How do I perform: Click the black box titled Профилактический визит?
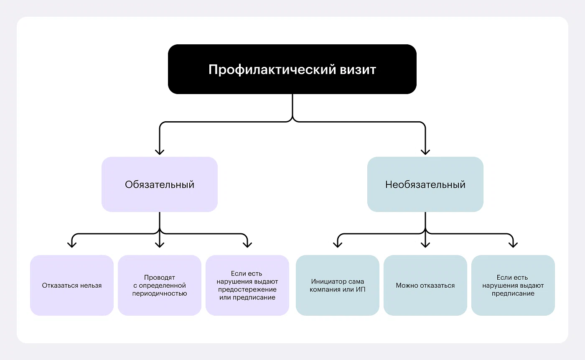[292, 69]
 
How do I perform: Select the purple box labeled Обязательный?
[160, 184]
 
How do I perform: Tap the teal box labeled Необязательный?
[425, 184]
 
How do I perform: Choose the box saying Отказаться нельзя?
[72, 286]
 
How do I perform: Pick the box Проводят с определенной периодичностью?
[160, 286]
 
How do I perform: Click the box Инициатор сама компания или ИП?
[338, 286]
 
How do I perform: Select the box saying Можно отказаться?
[425, 286]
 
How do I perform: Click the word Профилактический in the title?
[272, 69]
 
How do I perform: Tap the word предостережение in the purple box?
[247, 289]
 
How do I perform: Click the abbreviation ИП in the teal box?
[360, 289]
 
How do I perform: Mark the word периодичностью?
[160, 294]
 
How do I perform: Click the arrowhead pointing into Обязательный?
[160, 151]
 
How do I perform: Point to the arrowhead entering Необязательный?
[425, 151]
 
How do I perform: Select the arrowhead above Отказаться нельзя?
[72, 244]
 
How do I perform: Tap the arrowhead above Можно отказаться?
[425, 244]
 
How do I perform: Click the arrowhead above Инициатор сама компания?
[338, 244]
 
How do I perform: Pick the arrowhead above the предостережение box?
[247, 244]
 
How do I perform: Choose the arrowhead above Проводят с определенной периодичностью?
[160, 244]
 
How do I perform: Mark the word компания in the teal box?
[327, 289]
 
